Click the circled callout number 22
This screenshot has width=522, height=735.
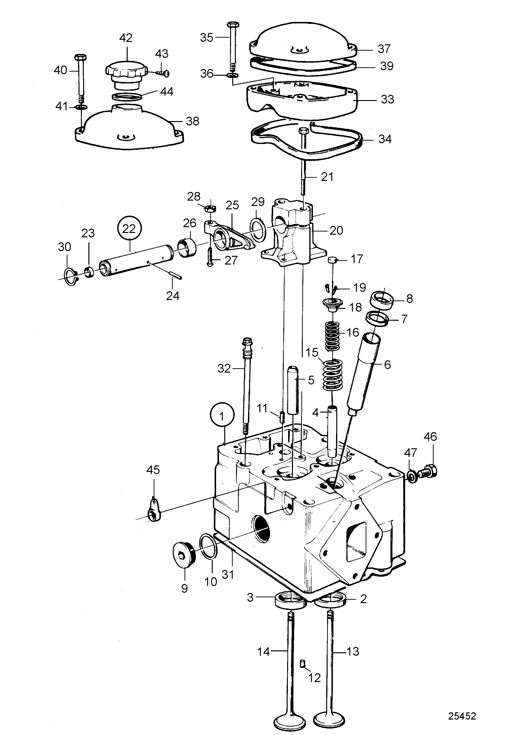click(x=129, y=229)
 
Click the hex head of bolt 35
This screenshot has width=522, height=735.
click(x=232, y=25)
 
